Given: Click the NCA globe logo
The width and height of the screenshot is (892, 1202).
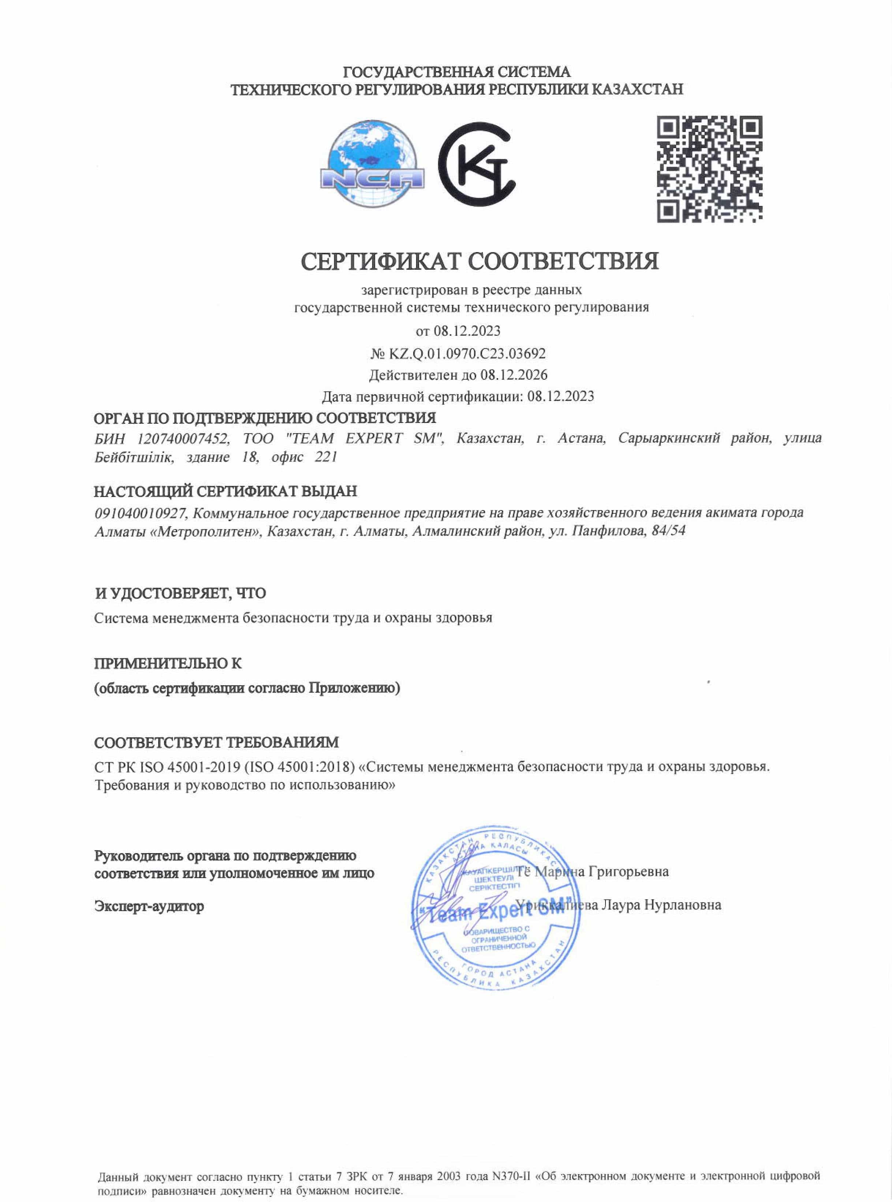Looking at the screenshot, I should (372, 164).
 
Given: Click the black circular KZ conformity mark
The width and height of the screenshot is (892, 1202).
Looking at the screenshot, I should (476, 164).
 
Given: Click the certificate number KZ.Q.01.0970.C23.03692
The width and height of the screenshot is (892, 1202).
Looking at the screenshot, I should (467, 354).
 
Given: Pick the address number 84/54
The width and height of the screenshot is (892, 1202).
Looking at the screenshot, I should (668, 531).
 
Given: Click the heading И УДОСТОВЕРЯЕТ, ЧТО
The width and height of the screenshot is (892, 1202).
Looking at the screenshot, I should (180, 593).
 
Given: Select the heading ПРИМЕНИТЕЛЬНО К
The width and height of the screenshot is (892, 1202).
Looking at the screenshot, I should (168, 663).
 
